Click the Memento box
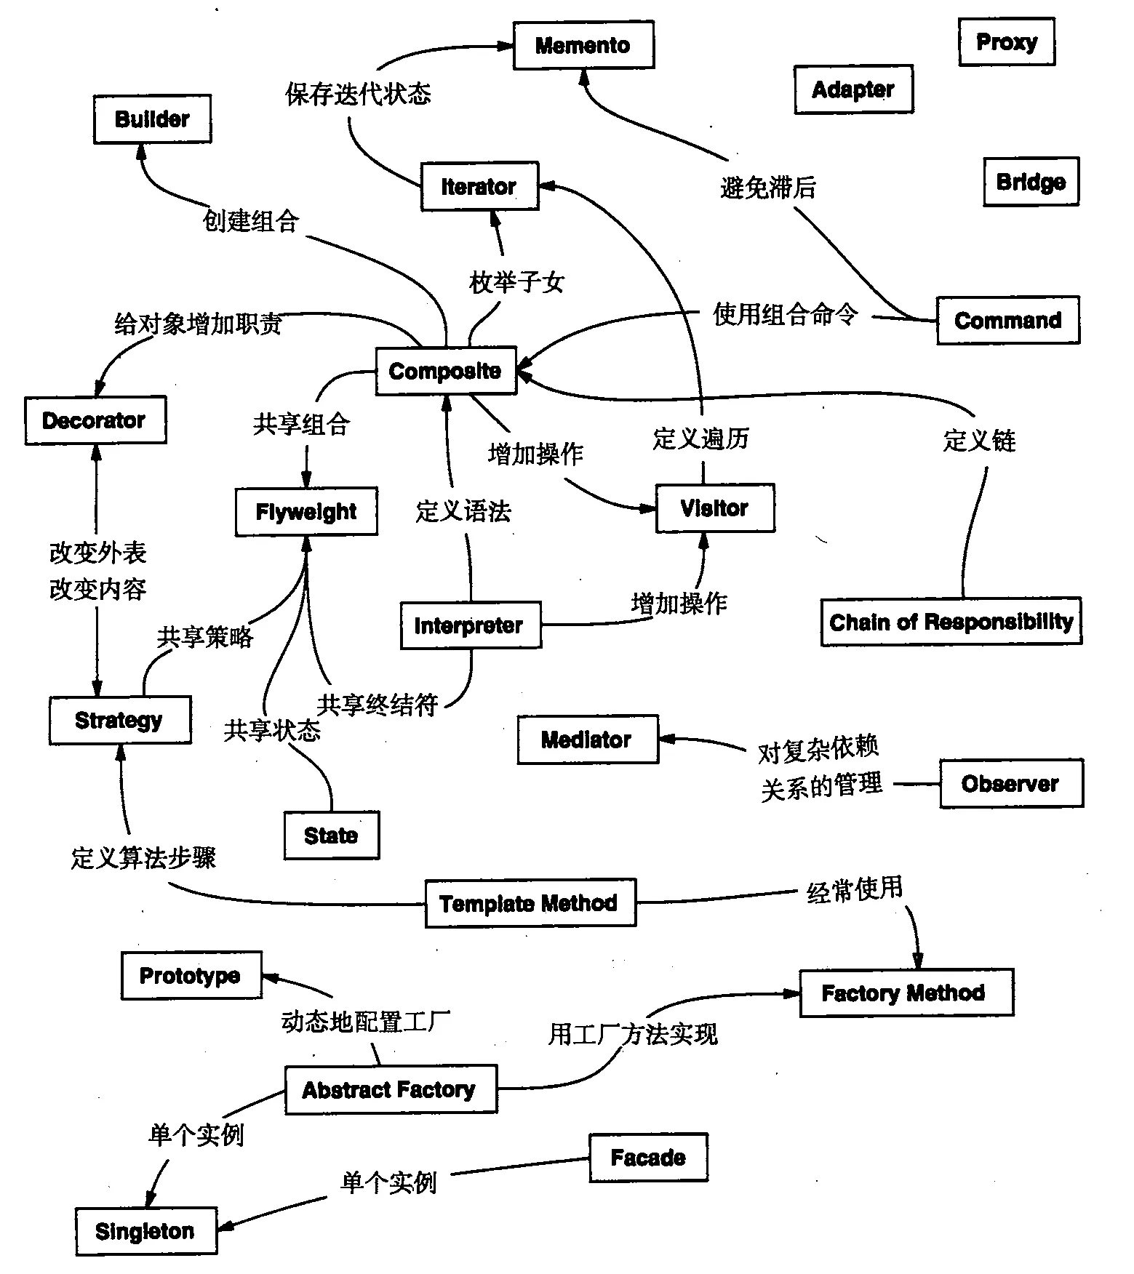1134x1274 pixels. coord(583,45)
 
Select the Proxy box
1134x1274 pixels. coord(1006,42)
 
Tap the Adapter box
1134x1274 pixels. coord(853,89)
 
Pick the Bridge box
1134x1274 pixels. coord(1031,182)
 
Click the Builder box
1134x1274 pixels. coord(152,119)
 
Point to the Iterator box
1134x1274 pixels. coord(479,187)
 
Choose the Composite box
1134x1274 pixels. coord(445,371)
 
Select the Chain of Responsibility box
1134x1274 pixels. coord(951,622)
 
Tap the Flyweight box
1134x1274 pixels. coord(306,512)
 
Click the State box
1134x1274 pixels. coord(331,836)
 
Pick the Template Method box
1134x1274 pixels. coord(530,903)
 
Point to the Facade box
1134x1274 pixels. coord(648,1157)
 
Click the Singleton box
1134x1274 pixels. coord(145,1231)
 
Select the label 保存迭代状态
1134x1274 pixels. coord(358,94)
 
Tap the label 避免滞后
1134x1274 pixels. coord(768,188)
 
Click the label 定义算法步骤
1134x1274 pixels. coord(143,858)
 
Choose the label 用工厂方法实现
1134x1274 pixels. coord(633,1033)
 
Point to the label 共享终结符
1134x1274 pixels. coord(378,704)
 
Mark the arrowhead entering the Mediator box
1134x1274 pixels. coord(666,739)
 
